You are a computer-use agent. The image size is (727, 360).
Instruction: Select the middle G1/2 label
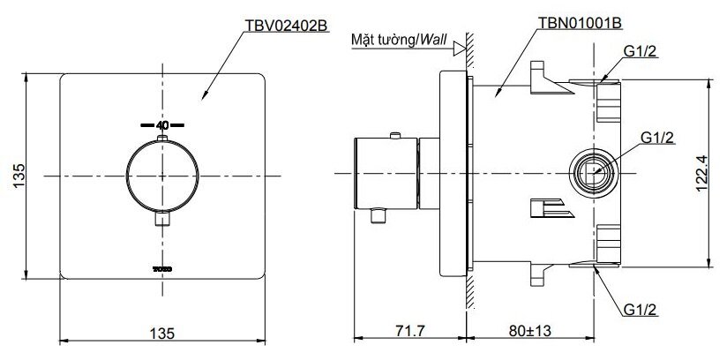[656, 138]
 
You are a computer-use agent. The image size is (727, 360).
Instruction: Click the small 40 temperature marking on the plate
[161, 125]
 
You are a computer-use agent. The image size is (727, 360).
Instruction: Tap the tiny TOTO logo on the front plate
[161, 265]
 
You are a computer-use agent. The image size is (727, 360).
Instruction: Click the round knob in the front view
[161, 176]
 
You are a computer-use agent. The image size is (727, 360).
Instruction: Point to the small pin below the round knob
[161, 219]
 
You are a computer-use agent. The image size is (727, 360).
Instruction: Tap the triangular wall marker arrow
[458, 50]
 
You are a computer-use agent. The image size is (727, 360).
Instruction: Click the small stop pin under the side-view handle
[382, 215]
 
